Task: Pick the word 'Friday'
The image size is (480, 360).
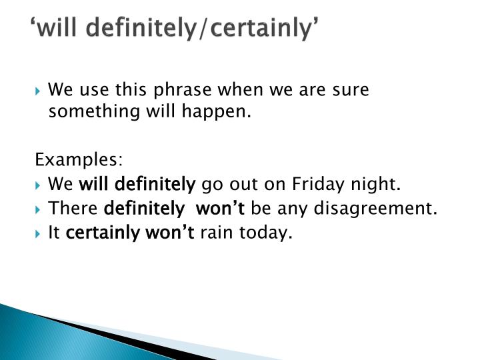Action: pos(321,184)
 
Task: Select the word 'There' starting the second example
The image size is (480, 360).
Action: pos(74,209)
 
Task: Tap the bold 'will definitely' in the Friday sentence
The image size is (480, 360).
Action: pos(137,184)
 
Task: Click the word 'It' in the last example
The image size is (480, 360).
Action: pos(55,233)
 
